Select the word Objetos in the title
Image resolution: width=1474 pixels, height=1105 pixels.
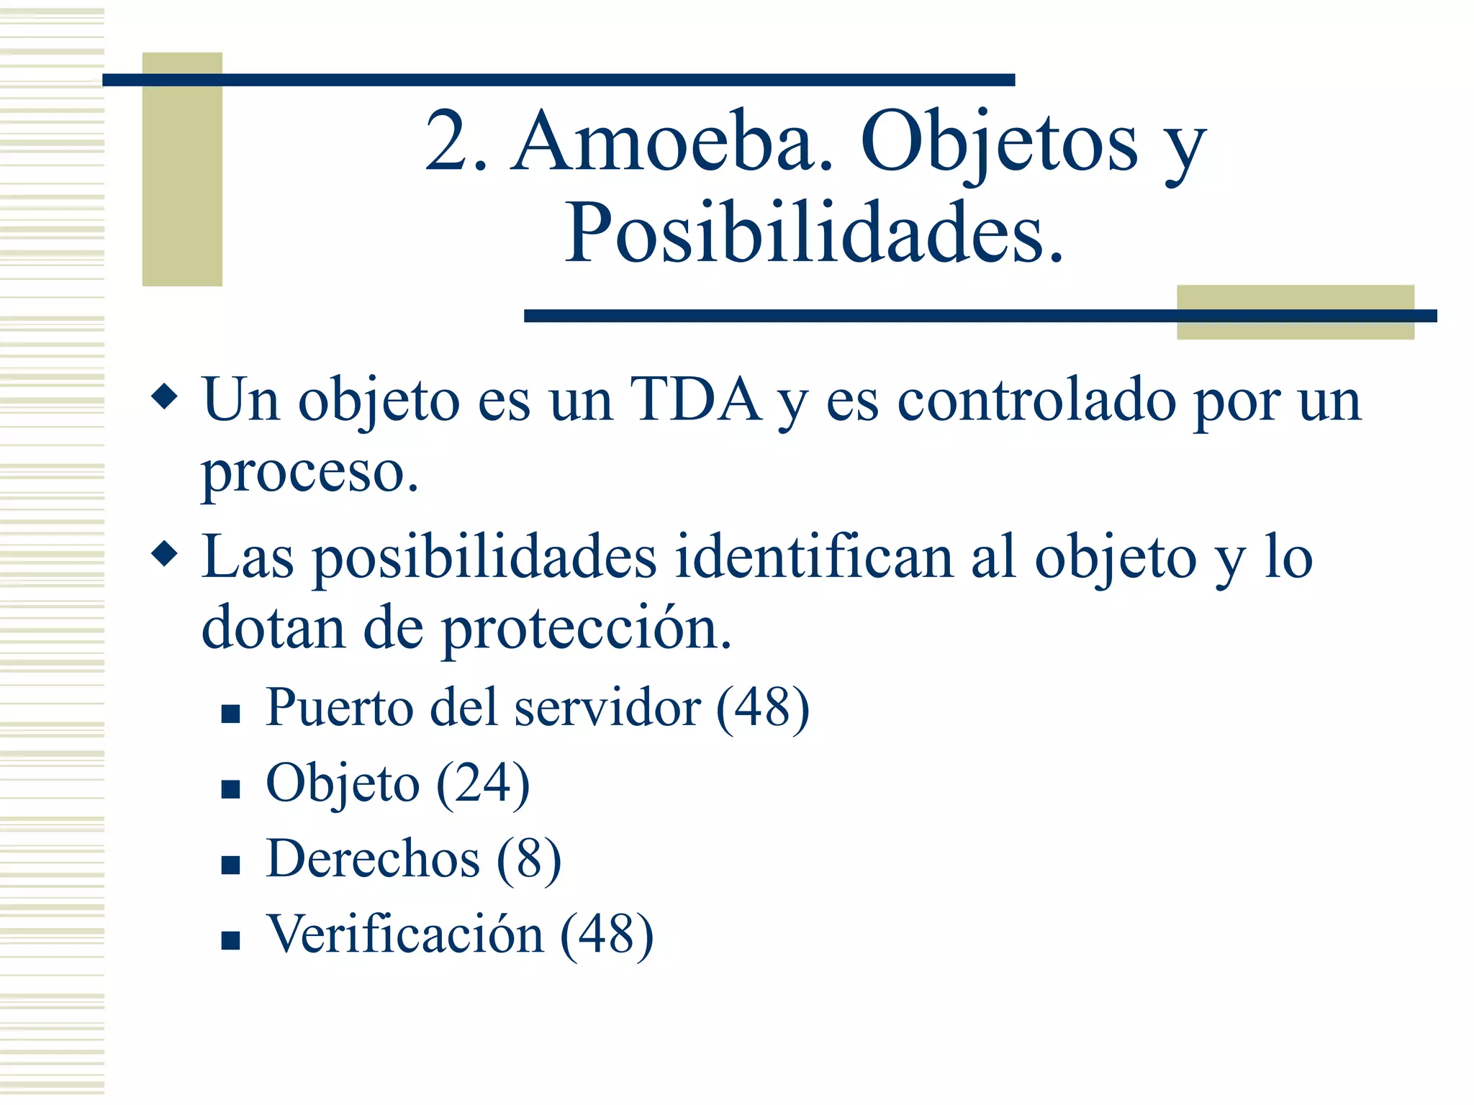[999, 142]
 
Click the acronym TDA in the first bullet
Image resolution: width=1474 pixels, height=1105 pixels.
[695, 400]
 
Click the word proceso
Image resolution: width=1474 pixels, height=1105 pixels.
[309, 473]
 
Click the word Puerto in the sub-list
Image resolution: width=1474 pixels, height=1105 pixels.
[338, 708]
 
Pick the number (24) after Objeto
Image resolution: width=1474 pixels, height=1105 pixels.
[483, 783]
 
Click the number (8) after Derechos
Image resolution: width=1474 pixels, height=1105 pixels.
[528, 859]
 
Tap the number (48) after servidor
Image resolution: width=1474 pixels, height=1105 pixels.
[762, 708]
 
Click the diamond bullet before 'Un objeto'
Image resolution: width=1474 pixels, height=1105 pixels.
[165, 396]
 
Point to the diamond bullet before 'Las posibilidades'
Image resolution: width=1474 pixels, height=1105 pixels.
[165, 554]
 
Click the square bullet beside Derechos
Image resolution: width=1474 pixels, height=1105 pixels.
[230, 864]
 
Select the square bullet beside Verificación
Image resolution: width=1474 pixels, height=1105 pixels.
[230, 940]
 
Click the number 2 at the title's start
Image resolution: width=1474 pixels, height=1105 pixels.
[447, 142]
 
